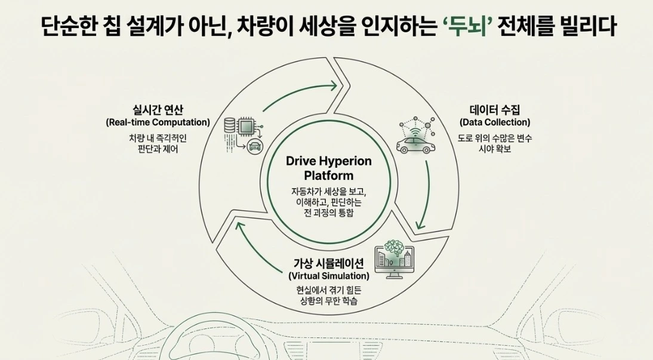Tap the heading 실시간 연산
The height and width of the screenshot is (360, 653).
158,110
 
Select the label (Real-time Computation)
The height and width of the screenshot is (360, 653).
158,122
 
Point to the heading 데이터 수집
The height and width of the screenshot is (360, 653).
495,110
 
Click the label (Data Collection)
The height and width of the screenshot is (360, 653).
495,122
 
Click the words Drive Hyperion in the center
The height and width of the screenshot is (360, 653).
328,161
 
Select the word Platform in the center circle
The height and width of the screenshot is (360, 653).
328,176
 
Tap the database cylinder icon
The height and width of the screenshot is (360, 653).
229,126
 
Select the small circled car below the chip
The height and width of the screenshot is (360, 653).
255,147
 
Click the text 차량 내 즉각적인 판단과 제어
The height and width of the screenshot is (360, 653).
158,143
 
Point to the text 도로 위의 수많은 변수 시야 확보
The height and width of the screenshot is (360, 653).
495,143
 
